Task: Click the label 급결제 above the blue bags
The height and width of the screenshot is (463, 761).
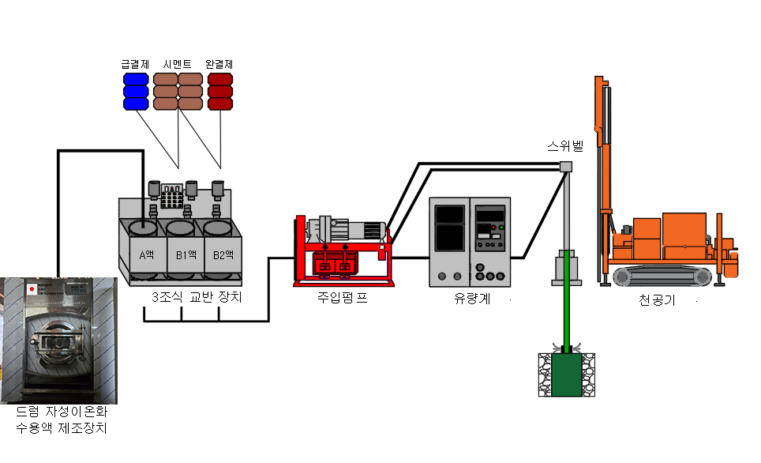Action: click(135, 64)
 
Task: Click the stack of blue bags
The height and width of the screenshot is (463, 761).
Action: click(135, 91)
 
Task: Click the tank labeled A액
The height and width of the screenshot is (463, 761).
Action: click(145, 254)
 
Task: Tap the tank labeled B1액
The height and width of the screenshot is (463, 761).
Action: click(186, 254)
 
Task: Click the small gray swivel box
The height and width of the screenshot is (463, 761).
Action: click(565, 166)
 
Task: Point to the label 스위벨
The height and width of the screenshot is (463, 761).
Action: click(565, 147)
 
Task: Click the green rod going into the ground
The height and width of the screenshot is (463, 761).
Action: click(565, 316)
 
